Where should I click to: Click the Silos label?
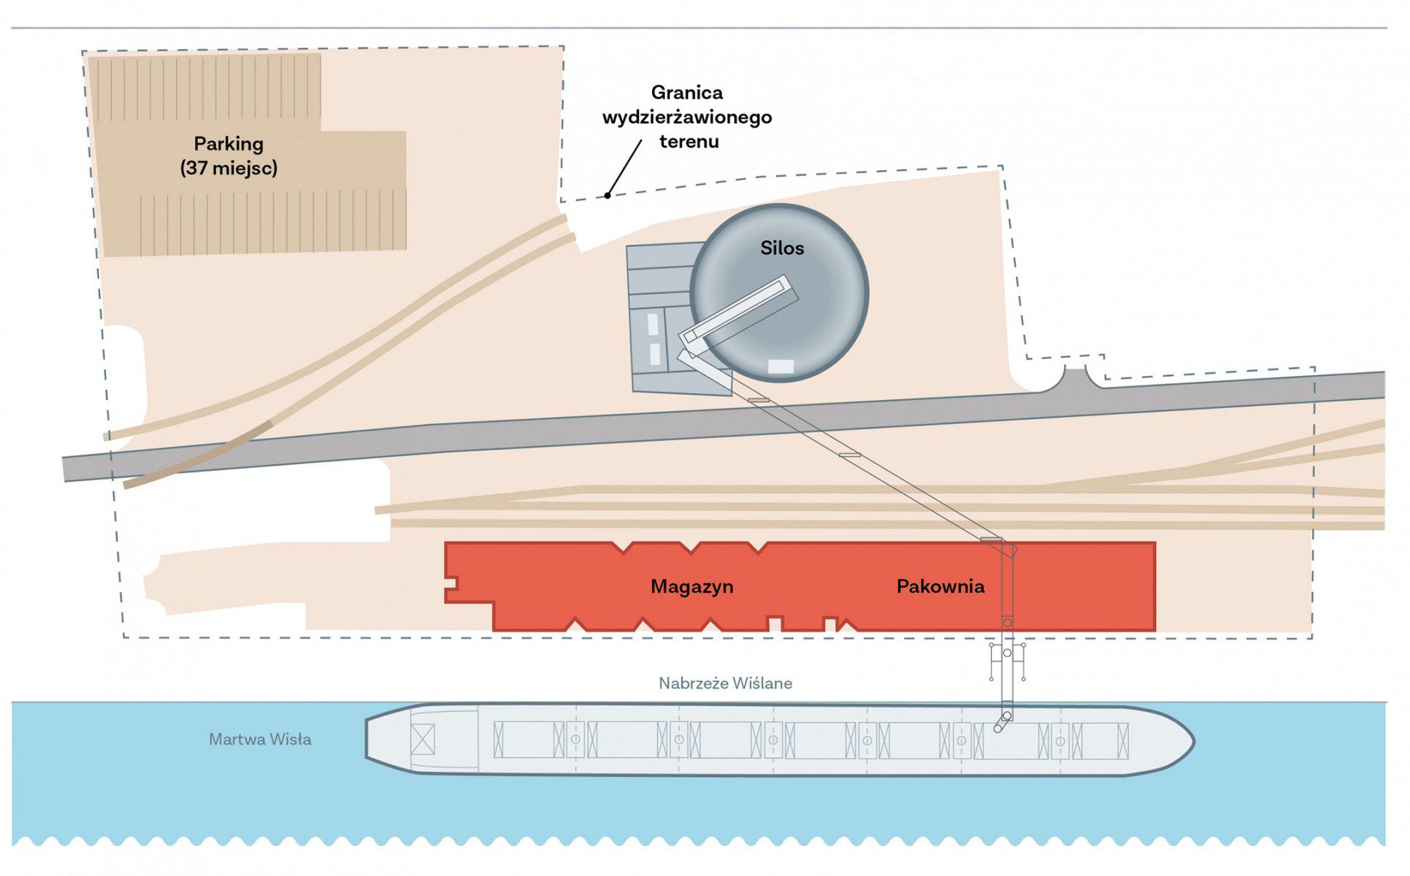[781, 248]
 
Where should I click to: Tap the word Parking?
[229, 144]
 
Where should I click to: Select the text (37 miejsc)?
[229, 168]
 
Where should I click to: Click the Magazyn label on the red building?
[691, 586]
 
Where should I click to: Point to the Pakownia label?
[940, 586]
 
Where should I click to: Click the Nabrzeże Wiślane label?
[725, 683]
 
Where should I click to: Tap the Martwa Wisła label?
[260, 739]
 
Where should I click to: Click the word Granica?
[686, 93]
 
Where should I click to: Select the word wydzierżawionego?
[686, 117]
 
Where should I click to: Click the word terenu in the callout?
[689, 142]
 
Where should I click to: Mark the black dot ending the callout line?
[608, 196]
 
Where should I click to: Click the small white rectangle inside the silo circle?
[781, 366]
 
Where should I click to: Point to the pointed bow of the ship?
[1187, 742]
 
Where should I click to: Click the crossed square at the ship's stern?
[423, 739]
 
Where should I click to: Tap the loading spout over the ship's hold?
[1001, 723]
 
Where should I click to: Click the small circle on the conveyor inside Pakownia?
[1007, 623]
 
